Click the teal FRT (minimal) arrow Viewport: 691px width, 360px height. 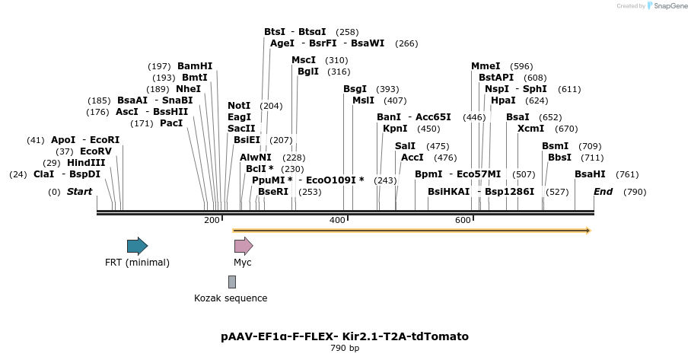[137, 246]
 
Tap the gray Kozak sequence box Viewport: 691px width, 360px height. [232, 282]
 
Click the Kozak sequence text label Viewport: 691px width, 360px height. [231, 298]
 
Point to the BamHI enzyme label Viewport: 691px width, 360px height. [195, 66]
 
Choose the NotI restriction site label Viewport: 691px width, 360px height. [239, 106]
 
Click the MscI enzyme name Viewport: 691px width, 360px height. [304, 60]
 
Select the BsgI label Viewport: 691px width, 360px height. [355, 89]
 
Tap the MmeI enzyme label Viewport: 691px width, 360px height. [486, 66]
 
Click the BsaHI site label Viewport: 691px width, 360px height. [590, 174]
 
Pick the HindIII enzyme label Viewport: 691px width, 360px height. [85, 163]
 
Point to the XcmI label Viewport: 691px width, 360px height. [530, 129]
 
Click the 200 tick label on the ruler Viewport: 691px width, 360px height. [212, 221]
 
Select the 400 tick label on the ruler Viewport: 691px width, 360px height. [337, 221]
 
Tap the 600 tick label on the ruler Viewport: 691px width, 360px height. [463, 221]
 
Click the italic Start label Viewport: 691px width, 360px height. [79, 192]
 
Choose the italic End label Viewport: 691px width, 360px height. [603, 192]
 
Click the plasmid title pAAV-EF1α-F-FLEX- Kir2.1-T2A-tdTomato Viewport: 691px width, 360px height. [345, 336]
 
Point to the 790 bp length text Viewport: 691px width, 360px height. [345, 349]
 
